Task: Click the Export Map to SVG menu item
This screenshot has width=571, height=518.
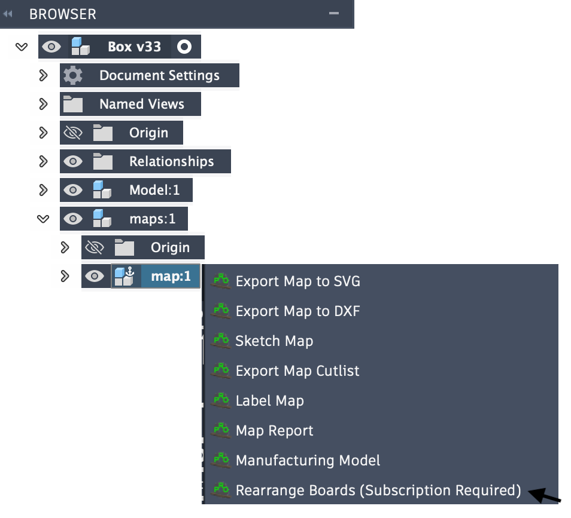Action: [x=297, y=281]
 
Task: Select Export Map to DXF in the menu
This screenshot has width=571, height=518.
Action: [x=297, y=311]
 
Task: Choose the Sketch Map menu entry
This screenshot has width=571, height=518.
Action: [x=274, y=341]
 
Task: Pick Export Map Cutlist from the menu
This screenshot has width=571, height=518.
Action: [x=297, y=371]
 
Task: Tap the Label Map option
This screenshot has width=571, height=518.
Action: [x=269, y=401]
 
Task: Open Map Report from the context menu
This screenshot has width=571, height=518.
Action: [x=274, y=431]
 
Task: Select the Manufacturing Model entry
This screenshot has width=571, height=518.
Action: [x=308, y=461]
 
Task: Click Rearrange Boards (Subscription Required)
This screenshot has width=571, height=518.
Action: [x=378, y=491]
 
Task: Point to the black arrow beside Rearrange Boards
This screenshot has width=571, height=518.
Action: [x=545, y=495]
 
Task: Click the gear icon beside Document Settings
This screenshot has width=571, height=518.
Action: [x=73, y=76]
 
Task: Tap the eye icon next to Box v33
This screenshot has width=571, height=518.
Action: [x=51, y=47]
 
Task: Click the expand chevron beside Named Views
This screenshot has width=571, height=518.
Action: [x=43, y=104]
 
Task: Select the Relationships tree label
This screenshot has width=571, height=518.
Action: [x=171, y=161]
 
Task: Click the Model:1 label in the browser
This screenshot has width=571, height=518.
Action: [x=154, y=190]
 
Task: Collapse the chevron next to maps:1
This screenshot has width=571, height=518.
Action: [x=43, y=219]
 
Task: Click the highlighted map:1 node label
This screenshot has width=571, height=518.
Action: [x=171, y=276]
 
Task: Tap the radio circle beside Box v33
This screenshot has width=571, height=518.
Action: [x=184, y=47]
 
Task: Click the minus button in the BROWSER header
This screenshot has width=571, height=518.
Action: [x=334, y=13]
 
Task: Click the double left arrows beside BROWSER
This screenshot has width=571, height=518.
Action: [x=8, y=14]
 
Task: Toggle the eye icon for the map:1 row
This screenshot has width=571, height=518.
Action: [x=95, y=276]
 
